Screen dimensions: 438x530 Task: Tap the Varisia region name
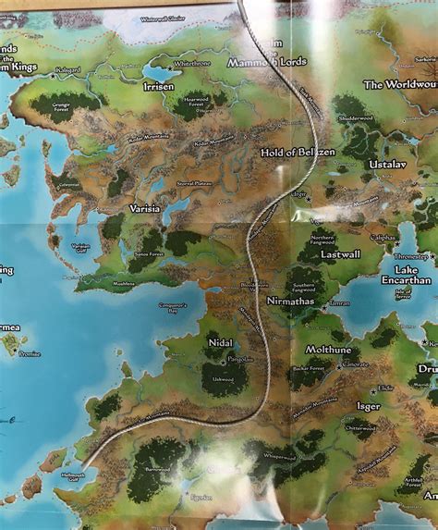pos(146,209)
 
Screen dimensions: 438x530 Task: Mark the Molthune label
pos(330,349)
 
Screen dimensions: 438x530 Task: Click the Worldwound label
pos(399,84)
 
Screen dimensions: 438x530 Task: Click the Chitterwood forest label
pos(360,427)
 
